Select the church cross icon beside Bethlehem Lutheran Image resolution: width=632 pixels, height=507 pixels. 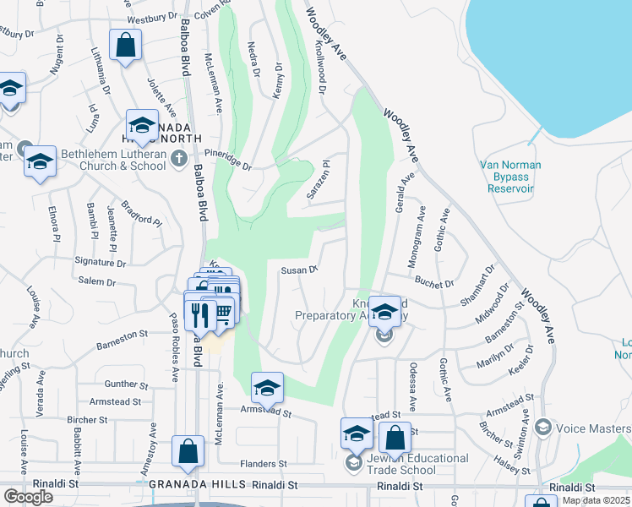[x=178, y=158]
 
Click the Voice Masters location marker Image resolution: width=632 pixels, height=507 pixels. [x=542, y=428]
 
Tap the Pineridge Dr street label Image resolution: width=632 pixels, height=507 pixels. [x=228, y=159]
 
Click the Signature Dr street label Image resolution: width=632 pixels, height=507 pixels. [x=101, y=263]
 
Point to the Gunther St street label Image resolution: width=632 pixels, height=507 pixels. [x=127, y=384]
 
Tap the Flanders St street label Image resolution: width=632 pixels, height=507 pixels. [x=264, y=464]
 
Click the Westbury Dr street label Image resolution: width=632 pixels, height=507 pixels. [x=154, y=18]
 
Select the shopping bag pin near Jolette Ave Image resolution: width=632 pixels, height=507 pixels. [x=125, y=46]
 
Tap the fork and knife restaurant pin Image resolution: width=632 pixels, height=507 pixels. [x=200, y=314]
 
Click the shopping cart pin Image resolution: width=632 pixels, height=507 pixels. [x=223, y=312]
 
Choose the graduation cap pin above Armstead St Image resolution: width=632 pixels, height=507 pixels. [x=267, y=388]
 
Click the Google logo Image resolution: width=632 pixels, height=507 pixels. [x=28, y=497]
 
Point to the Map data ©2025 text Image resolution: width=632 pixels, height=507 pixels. [x=595, y=500]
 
